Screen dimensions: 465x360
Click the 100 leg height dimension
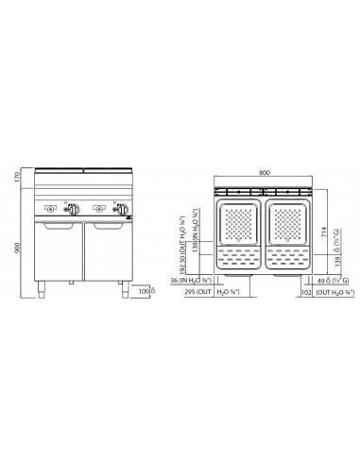point(144,292)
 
